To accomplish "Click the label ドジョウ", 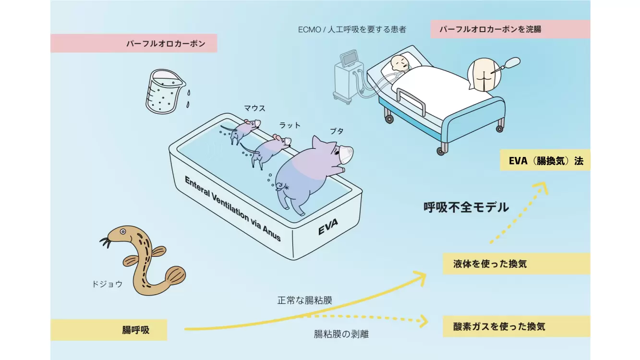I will (x=107, y=284).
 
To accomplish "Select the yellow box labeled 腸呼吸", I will (x=109, y=330).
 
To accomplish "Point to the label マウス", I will (x=254, y=108).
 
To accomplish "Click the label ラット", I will (x=290, y=125).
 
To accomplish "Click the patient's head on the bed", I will (x=398, y=63).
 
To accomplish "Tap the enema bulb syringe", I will (x=511, y=63).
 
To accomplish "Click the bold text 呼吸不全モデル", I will (x=466, y=207).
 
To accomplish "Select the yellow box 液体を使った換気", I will (x=516, y=264).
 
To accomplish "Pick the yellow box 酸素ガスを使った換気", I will (x=516, y=327).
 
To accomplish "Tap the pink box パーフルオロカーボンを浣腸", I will (x=510, y=29).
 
